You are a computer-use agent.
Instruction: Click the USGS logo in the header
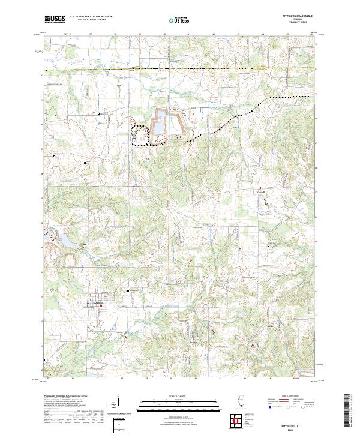coord(55,19)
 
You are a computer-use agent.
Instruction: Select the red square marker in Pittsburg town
coord(100,307)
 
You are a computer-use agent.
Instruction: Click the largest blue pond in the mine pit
coord(160,128)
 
